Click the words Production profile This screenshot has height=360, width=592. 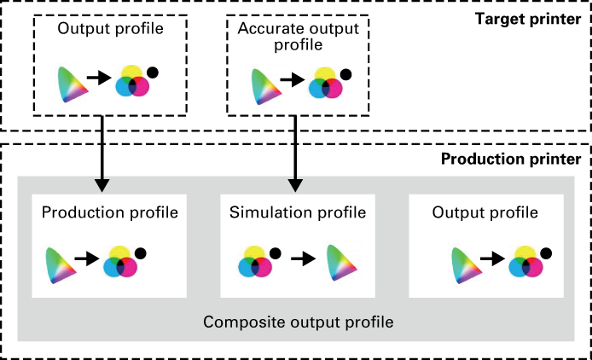point(109,212)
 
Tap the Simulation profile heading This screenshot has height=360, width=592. point(297,212)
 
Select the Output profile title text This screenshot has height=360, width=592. point(485,212)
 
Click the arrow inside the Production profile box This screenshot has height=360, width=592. point(88,258)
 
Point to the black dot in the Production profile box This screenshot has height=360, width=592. point(140,253)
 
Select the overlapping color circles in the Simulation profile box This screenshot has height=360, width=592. point(254,262)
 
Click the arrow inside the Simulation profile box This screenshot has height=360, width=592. point(303,258)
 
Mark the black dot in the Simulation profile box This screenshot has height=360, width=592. point(275,253)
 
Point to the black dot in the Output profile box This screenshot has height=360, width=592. point(545,253)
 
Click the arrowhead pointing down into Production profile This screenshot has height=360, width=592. point(102,184)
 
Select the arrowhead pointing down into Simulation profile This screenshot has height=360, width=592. point(295,184)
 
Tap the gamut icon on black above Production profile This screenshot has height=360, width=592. point(73,84)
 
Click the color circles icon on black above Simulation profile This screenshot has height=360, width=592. point(325,83)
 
